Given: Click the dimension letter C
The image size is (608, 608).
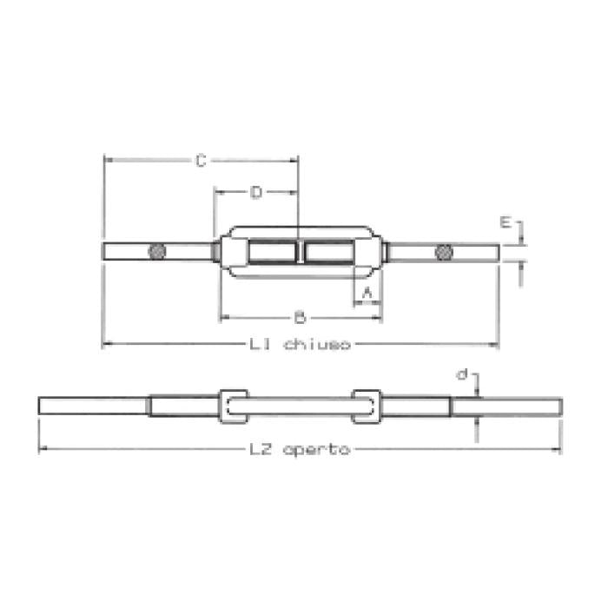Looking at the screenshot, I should (x=200, y=160).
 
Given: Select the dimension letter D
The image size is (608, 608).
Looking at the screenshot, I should (x=255, y=193).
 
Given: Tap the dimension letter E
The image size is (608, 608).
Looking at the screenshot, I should (x=505, y=222).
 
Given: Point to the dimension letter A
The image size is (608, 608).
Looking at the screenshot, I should (x=367, y=294).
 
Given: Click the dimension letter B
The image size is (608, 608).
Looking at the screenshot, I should (x=300, y=317).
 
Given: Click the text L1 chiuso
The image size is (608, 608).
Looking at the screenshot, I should (x=300, y=345).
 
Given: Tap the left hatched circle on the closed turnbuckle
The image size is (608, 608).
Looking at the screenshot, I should (x=156, y=253).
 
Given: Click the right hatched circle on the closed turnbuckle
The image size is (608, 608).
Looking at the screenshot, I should (x=443, y=253).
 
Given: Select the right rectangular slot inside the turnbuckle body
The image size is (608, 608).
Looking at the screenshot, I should (x=328, y=253).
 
